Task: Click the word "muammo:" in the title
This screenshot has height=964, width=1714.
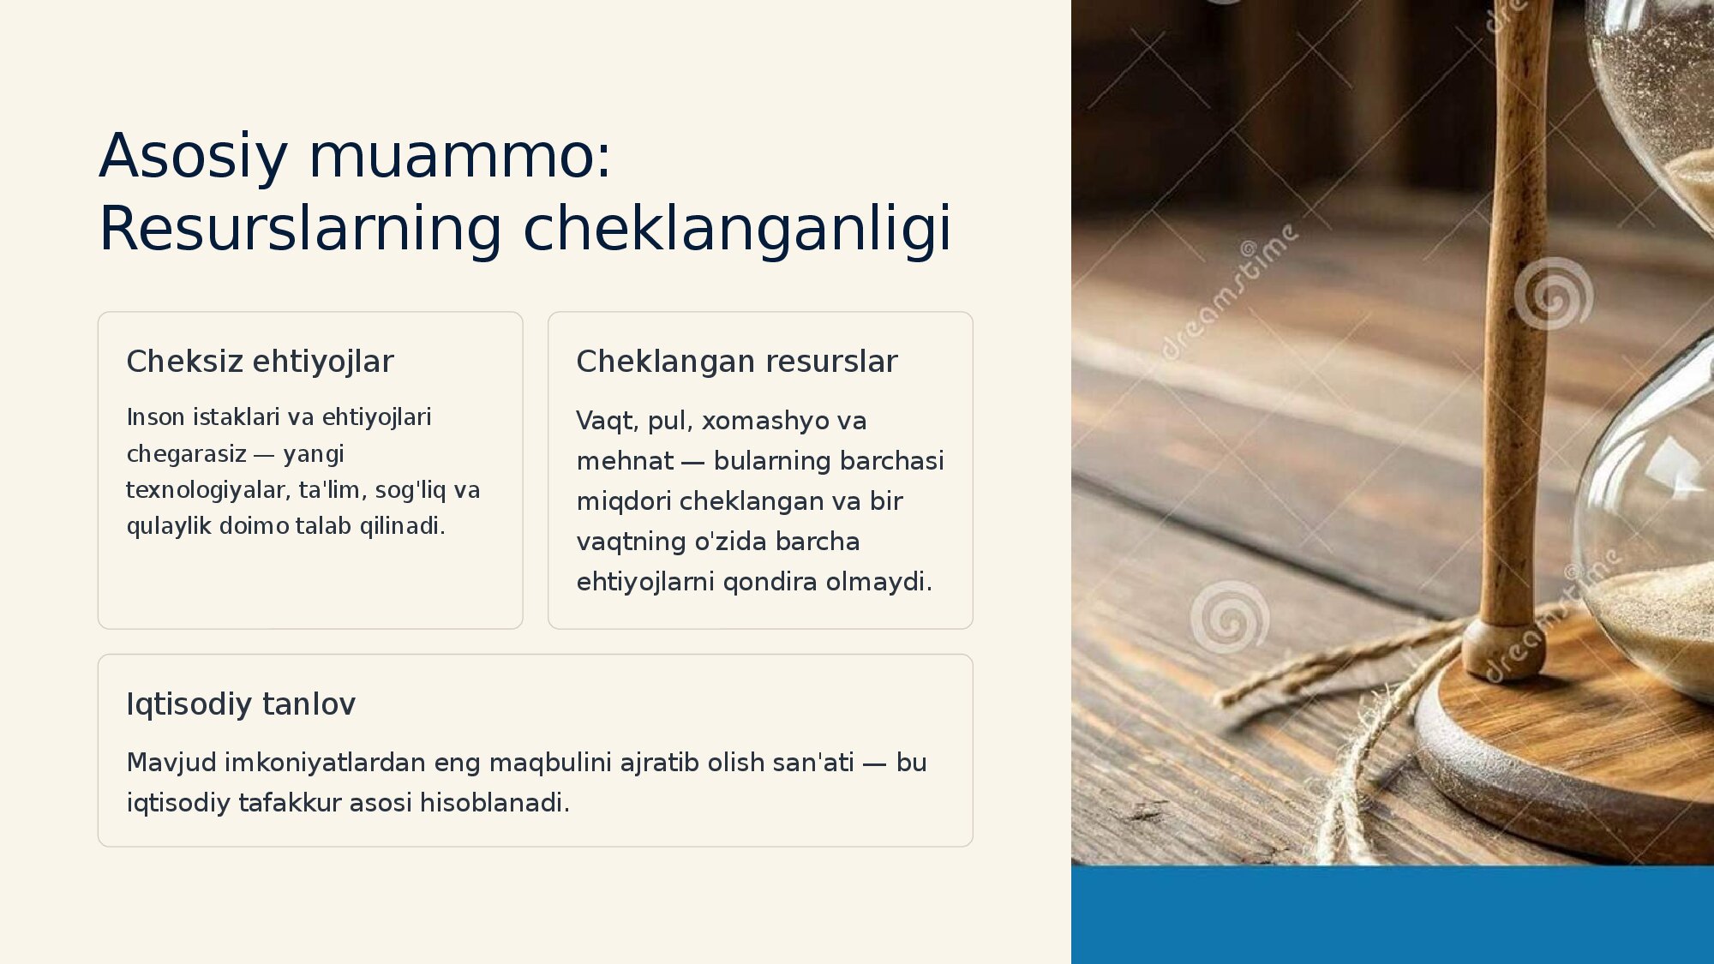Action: [460, 156]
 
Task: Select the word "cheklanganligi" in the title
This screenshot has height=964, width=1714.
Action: [737, 229]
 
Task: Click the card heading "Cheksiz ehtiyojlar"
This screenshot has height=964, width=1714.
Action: [260, 362]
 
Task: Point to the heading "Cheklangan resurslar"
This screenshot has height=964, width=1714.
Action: [737, 362]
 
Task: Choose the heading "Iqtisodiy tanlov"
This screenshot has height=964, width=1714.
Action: [241, 704]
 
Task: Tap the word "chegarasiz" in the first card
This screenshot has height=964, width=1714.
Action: [187, 453]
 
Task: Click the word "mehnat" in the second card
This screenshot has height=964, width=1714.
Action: [626, 461]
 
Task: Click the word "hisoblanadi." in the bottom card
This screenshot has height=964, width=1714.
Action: [494, 803]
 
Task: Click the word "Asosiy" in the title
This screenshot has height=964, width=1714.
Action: [194, 156]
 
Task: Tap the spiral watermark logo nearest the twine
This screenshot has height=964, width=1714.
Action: [1230, 617]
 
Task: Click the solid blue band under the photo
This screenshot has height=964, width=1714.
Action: [1393, 915]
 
